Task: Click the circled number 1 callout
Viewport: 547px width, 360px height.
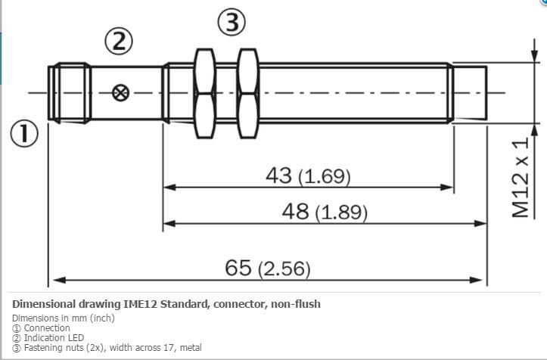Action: [x=24, y=133]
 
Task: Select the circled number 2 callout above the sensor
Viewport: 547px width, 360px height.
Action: [x=119, y=42]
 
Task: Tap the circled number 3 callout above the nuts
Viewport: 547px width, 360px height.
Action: [x=232, y=22]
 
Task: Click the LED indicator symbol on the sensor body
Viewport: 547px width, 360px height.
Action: [x=121, y=93]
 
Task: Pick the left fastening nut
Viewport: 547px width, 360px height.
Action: [x=205, y=94]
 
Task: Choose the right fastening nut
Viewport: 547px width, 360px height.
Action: [x=248, y=94]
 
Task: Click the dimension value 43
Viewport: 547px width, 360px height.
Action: [x=278, y=175]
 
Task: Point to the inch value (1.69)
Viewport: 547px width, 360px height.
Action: [x=324, y=176]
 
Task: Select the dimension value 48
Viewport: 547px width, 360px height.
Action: [x=295, y=212]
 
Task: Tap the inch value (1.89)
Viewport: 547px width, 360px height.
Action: [x=341, y=213]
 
